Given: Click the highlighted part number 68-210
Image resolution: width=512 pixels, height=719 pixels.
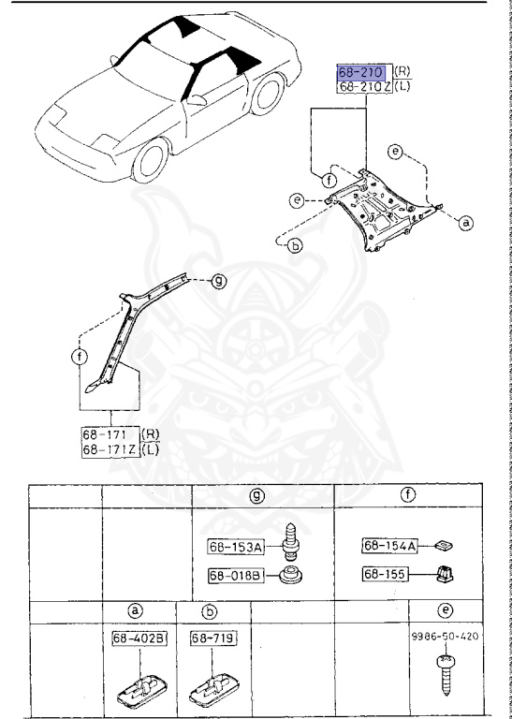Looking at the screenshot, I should click(363, 72).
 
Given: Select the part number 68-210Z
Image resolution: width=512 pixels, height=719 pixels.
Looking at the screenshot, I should click(364, 87).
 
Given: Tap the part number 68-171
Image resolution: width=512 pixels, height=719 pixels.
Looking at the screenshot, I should click(106, 435).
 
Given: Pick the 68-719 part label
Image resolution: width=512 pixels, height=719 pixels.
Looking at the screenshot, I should click(212, 638).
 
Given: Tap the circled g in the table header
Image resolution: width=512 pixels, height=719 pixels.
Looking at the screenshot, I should click(255, 497).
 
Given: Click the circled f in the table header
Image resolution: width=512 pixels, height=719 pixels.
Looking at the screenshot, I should click(409, 497).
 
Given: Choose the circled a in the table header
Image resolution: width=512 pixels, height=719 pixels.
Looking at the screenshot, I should click(134, 611).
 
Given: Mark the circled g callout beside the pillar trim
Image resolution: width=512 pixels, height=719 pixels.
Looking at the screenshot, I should click(217, 280).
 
